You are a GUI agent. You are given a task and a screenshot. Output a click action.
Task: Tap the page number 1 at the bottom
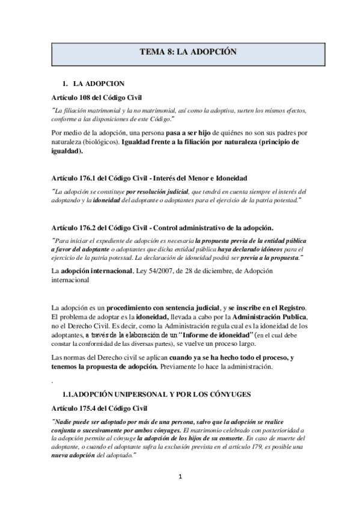[180, 477]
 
